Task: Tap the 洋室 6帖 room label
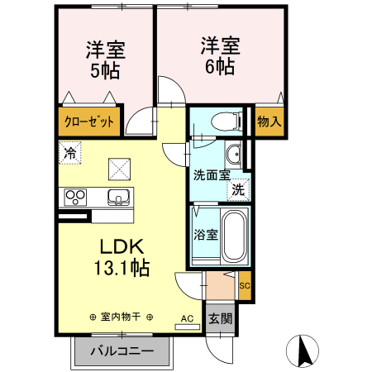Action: (219, 55)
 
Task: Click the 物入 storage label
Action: (269, 122)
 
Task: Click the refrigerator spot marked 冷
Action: (70, 153)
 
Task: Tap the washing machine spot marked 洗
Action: (238, 188)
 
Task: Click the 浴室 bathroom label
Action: (205, 234)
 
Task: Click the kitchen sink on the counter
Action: (118, 198)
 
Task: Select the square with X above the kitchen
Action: (120, 169)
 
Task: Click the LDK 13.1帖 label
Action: (123, 256)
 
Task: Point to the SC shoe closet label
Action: (244, 287)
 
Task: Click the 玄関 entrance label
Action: (219, 318)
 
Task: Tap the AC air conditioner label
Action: (187, 317)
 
